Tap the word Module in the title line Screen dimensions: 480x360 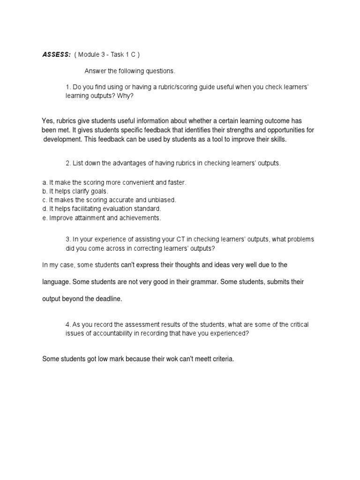[x=88, y=54]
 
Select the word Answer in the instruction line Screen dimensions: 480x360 [x=95, y=71]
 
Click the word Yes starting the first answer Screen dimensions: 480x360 [x=48, y=121]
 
